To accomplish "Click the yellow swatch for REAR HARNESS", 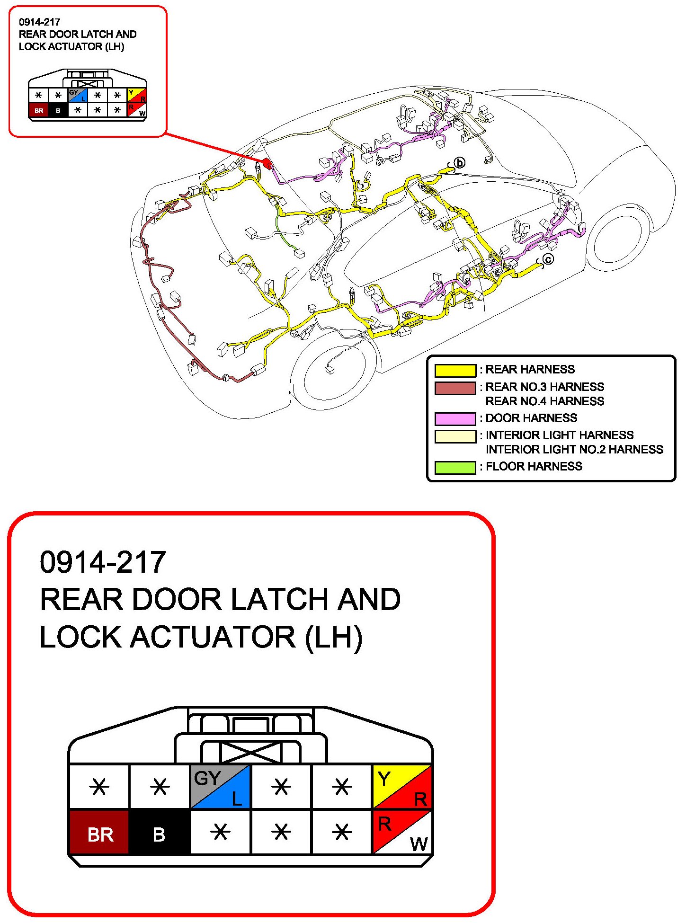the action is [455, 370].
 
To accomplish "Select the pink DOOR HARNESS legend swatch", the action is [455, 418].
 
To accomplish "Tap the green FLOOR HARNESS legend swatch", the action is [455, 467].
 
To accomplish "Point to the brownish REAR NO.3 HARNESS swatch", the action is [455, 388].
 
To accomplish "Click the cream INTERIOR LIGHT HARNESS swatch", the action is [455, 436].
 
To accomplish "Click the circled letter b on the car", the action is [460, 163].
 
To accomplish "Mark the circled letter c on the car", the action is [548, 259].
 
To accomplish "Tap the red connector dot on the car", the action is [267, 164].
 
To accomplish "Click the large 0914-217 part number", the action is [103, 562].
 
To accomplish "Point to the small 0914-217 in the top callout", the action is [39, 22].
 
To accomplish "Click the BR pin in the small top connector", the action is [38, 111].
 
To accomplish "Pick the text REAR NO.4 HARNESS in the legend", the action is [544, 401].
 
